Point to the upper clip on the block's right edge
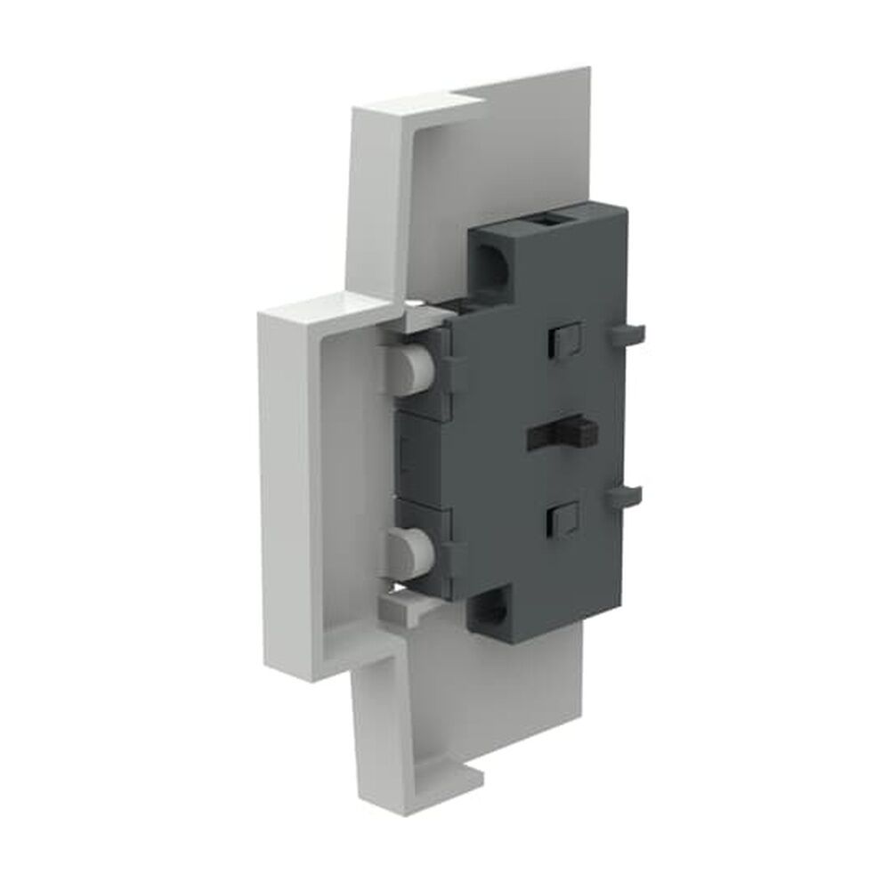627,334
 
